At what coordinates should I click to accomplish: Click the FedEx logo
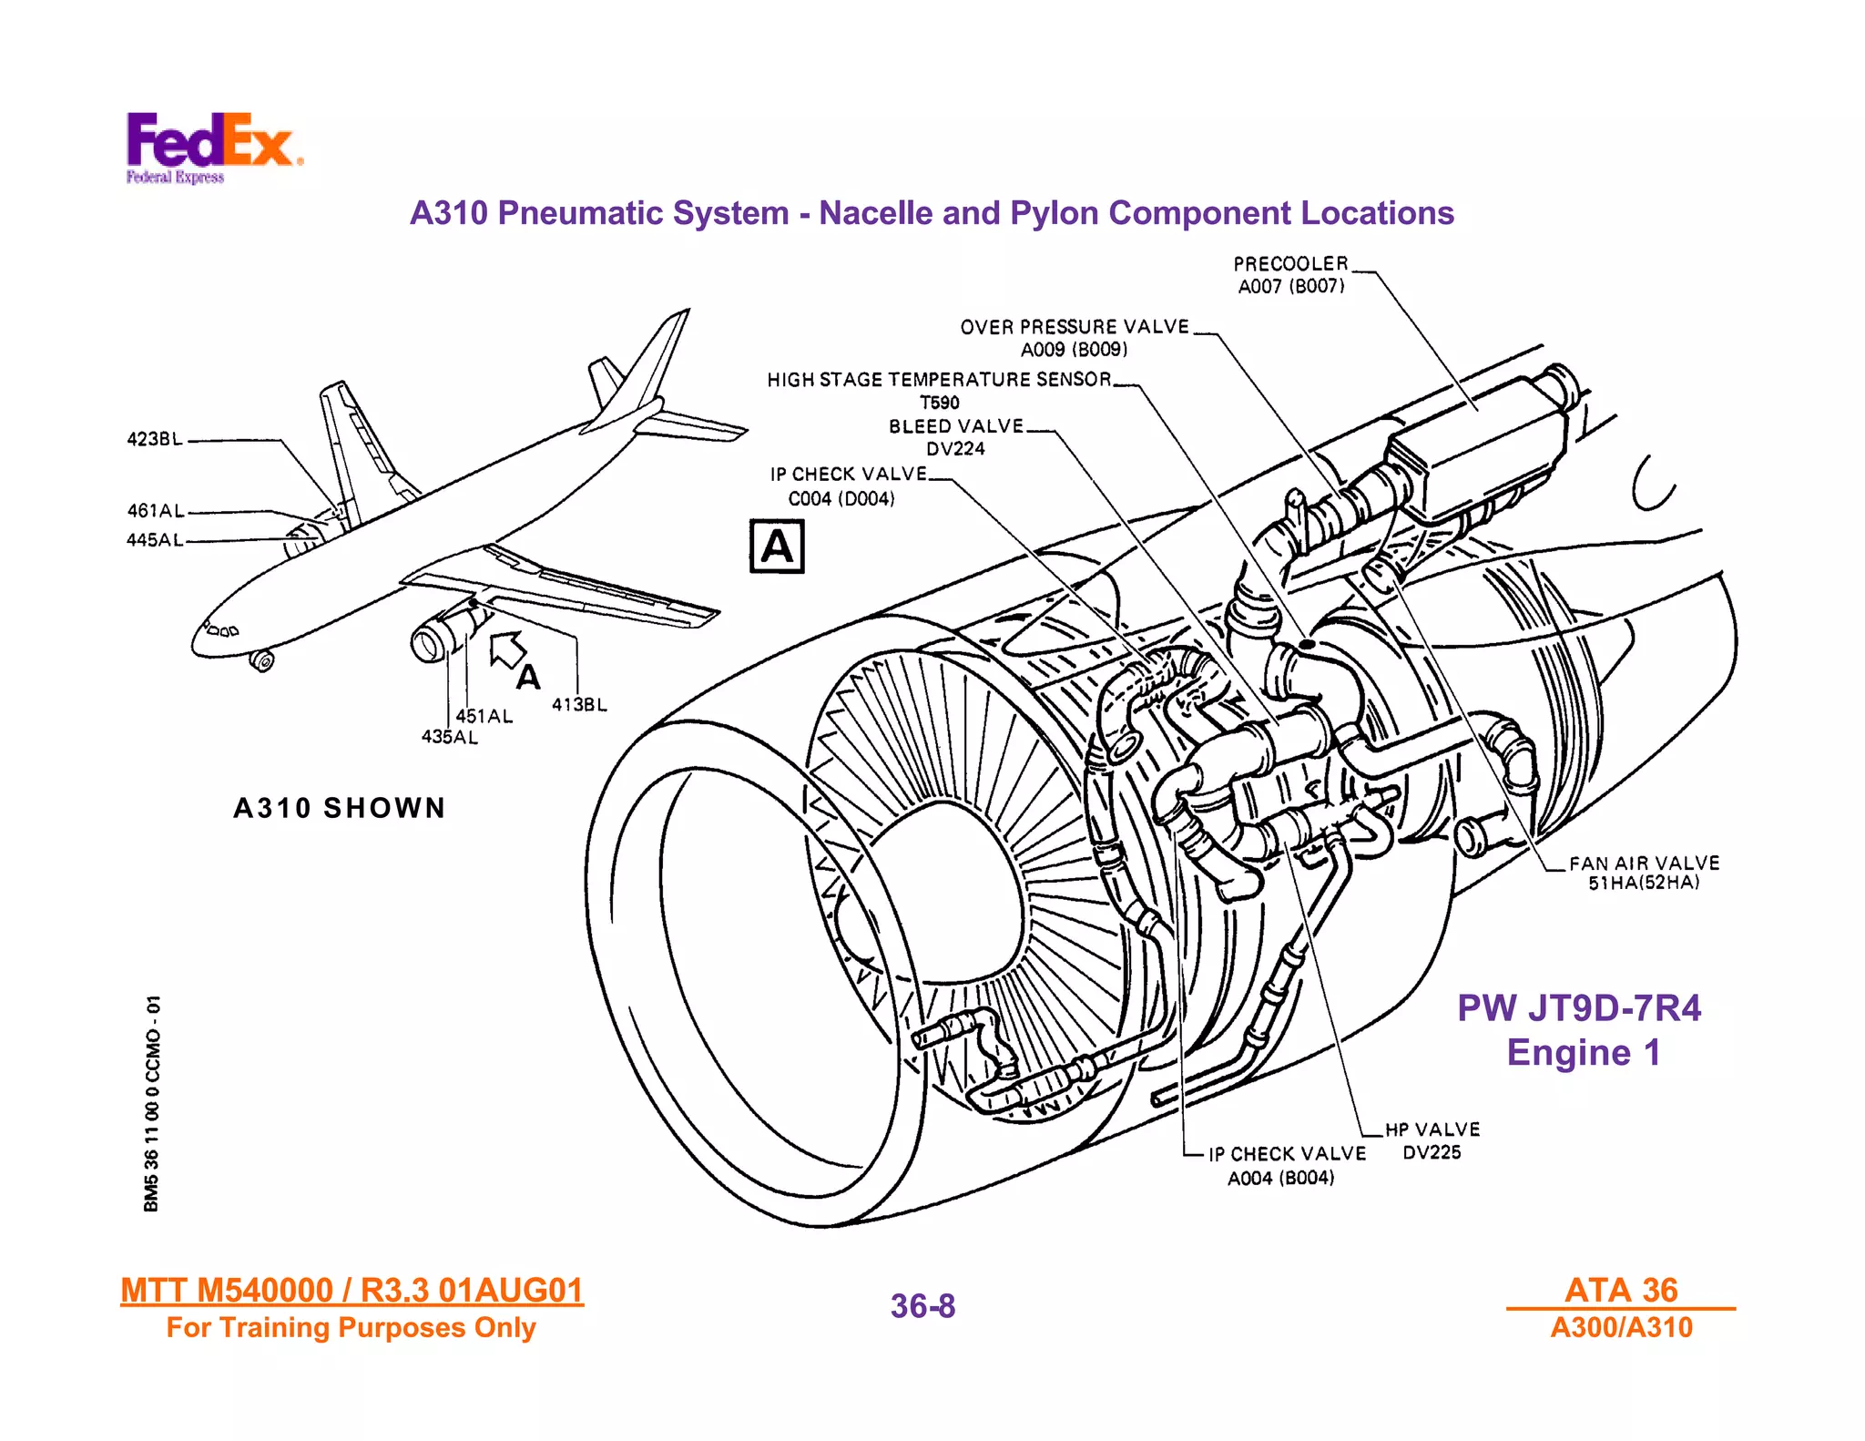[x=213, y=146]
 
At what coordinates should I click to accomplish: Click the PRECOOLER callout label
[x=1290, y=264]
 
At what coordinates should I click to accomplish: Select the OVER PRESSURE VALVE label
[x=1075, y=327]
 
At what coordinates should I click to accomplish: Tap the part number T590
[x=939, y=403]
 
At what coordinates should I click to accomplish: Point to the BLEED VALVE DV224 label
[x=955, y=437]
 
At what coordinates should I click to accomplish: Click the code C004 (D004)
[x=841, y=499]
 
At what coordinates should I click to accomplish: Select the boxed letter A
[x=777, y=547]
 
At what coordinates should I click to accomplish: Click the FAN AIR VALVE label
[x=1644, y=863]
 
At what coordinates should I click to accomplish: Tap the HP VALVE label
[x=1432, y=1129]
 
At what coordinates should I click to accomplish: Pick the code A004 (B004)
[x=1280, y=1179]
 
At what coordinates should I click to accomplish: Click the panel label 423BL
[x=155, y=439]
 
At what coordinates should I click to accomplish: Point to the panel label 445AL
[x=155, y=540]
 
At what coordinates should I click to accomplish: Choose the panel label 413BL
[x=579, y=705]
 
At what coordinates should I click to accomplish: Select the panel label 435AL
[x=449, y=737]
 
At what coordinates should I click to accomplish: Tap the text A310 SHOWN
[x=340, y=808]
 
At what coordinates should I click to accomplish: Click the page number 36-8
[x=922, y=1306]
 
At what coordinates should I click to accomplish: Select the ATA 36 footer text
[x=1621, y=1290]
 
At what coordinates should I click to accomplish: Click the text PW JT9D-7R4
[x=1578, y=1008]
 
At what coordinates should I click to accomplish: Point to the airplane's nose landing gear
[x=262, y=660]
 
